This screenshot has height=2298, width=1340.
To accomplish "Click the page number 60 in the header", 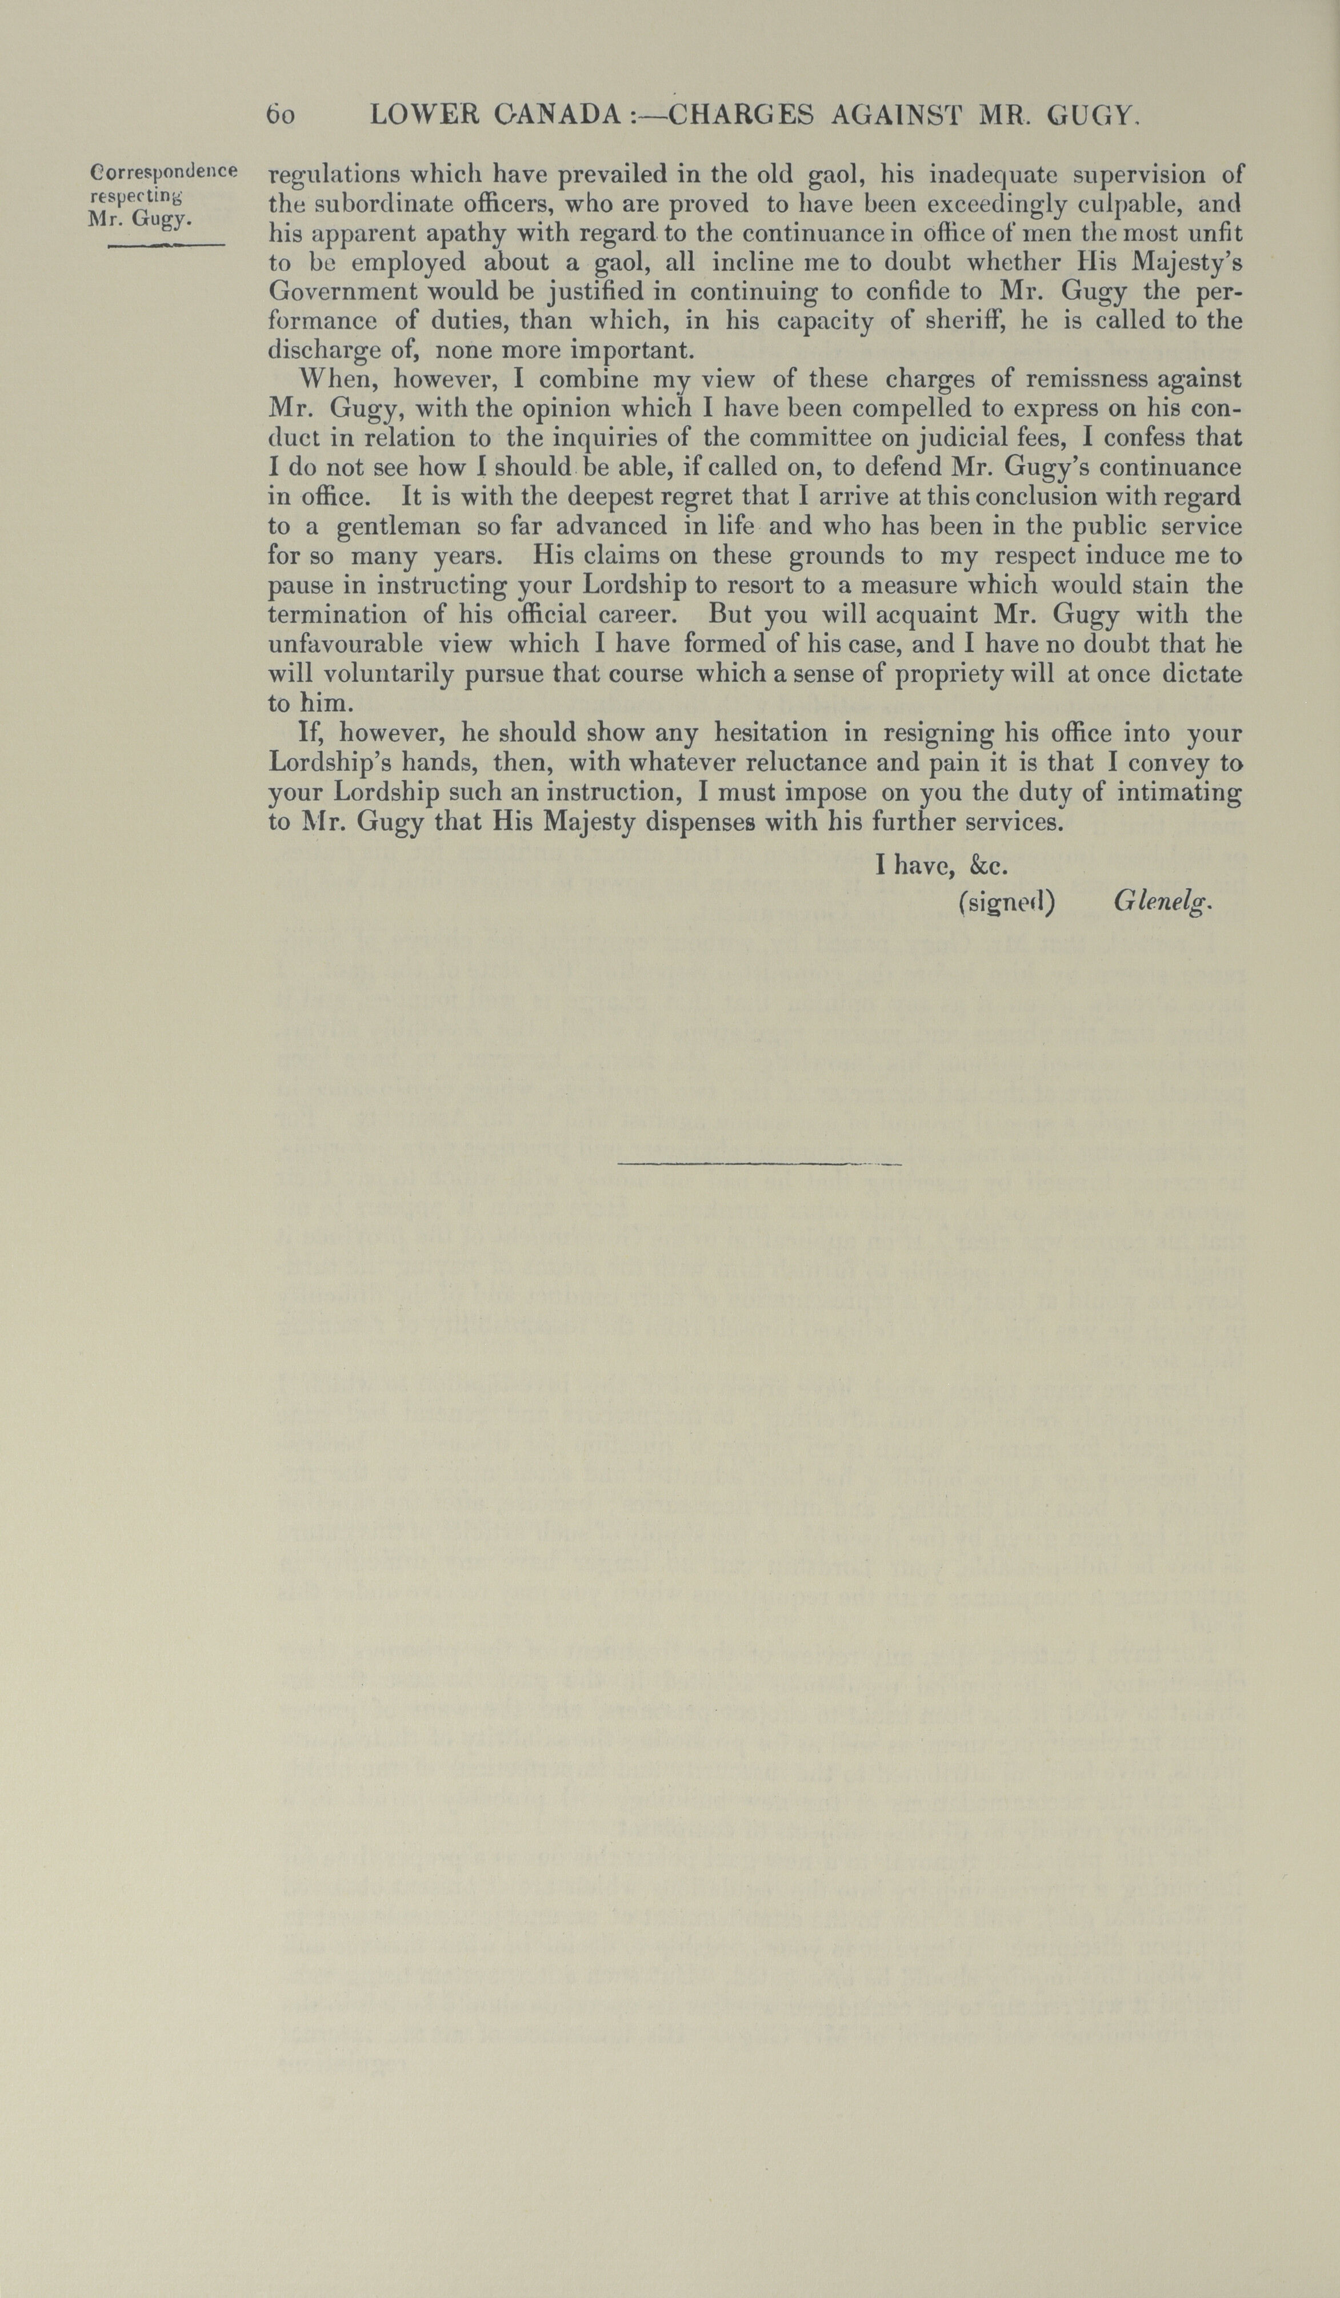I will [279, 116].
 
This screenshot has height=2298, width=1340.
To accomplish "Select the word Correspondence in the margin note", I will [164, 171].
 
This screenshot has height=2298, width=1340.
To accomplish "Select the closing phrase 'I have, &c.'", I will [941, 865].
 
